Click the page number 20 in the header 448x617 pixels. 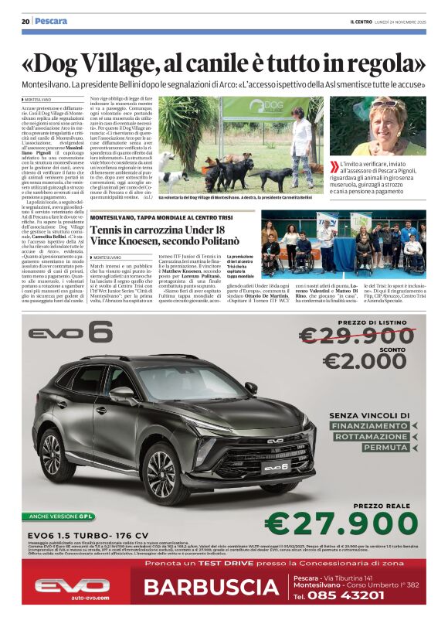(25, 21)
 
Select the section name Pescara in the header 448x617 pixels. (52, 21)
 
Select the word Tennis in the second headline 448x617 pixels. (110, 232)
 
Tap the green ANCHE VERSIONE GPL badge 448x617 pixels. (62, 515)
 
